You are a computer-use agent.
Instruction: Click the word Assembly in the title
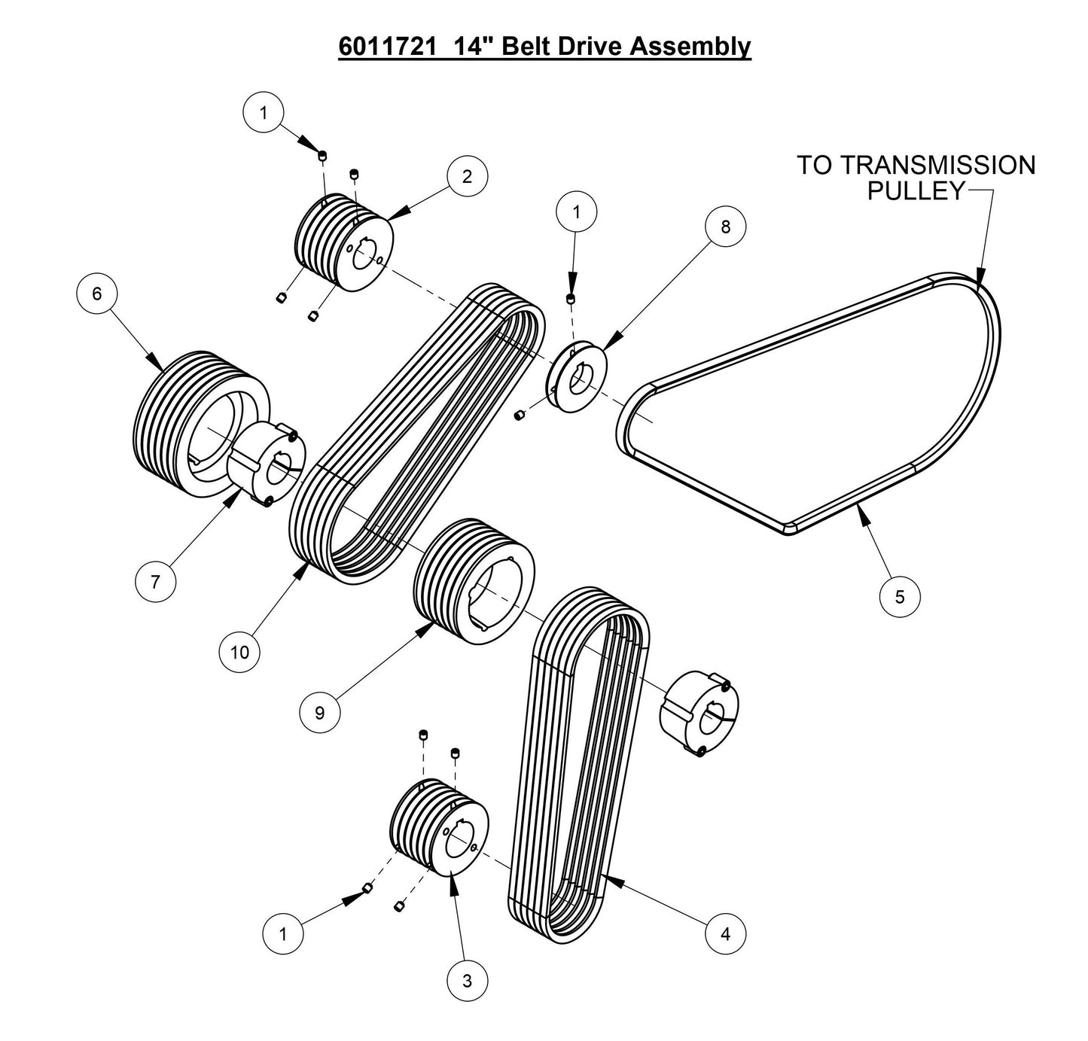[690, 47]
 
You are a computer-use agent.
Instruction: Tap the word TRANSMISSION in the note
[953, 166]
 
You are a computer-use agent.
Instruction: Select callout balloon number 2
[467, 177]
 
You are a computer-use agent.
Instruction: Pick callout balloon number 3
[467, 981]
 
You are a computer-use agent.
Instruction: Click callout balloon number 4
[725, 934]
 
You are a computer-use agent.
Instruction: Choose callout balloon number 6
[97, 294]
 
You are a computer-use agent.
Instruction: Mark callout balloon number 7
[156, 582]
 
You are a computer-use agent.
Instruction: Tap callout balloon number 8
[725, 227]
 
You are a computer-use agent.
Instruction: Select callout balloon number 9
[319, 712]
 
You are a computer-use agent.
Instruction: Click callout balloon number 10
[239, 652]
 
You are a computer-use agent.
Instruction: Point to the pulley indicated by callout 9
[474, 580]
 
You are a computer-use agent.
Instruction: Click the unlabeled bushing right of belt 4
[699, 712]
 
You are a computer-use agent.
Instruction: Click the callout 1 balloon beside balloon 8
[576, 213]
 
